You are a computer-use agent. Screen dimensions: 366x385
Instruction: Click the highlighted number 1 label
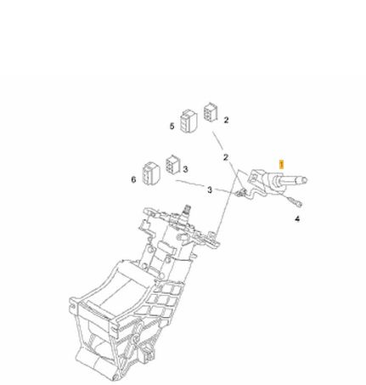[281, 165]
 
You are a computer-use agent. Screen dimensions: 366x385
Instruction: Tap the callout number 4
[297, 218]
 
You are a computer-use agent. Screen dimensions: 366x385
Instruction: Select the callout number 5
[172, 126]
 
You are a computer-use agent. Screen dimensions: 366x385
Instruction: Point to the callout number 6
[133, 179]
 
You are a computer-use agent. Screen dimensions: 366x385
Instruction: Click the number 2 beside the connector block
[226, 120]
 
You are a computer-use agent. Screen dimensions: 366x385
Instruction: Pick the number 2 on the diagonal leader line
[226, 157]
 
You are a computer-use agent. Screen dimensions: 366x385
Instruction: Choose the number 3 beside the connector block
[185, 169]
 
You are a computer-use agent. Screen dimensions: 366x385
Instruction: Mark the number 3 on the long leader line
[210, 190]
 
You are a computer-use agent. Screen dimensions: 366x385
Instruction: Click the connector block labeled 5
[189, 121]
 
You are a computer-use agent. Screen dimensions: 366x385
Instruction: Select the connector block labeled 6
[151, 173]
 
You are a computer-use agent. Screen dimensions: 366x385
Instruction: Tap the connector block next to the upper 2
[211, 112]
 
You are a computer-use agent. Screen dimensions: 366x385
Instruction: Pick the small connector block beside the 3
[172, 164]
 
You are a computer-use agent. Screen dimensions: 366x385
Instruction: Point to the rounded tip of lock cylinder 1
[304, 180]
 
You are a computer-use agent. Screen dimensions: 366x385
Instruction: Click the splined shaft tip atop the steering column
[186, 209]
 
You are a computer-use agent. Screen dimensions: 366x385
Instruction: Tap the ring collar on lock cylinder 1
[276, 181]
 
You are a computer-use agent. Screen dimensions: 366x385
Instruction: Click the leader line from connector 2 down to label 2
[217, 141]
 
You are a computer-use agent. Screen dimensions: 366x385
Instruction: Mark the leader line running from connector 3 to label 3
[191, 184]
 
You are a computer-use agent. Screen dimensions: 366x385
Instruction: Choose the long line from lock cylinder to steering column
[227, 201]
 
